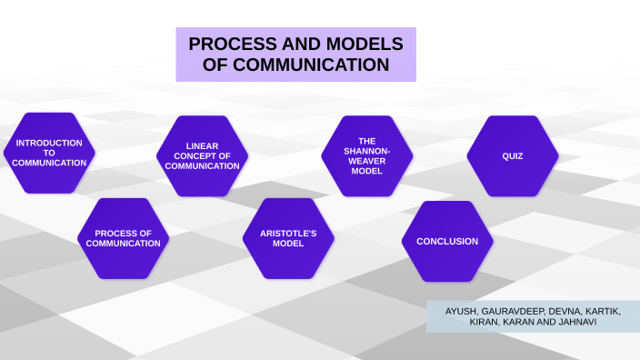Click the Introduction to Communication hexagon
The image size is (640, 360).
[x=49, y=153]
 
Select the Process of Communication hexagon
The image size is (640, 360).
[x=123, y=238]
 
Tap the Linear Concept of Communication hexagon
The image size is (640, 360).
[x=202, y=155]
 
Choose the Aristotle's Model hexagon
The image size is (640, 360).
[x=288, y=238]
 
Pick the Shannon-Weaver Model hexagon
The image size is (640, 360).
[x=366, y=155]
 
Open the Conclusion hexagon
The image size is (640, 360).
[x=447, y=241]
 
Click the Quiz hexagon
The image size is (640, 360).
[x=513, y=155]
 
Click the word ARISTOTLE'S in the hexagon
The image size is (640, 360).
[x=288, y=233]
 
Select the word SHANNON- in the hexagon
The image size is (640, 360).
[x=366, y=151]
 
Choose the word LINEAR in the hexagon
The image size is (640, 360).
[x=202, y=145]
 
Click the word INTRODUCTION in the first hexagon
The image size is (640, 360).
[x=49, y=143]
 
